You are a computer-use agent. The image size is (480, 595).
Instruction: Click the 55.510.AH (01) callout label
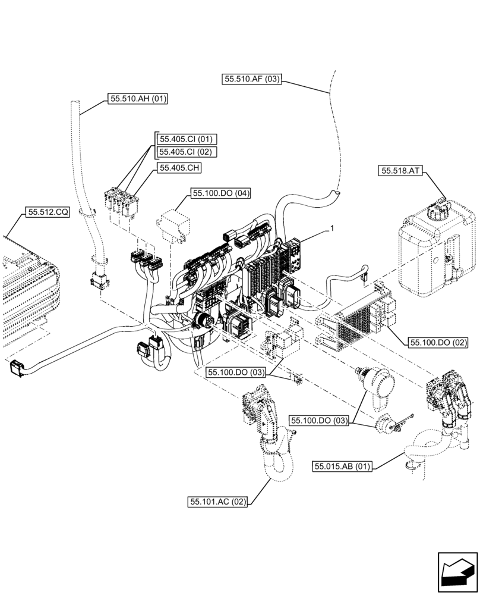point(138,99)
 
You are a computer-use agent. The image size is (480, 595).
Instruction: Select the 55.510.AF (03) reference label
point(252,79)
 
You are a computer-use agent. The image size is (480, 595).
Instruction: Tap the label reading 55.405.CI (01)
point(185,139)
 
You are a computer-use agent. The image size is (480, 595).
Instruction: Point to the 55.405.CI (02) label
point(185,152)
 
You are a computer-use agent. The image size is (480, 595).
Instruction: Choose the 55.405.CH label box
point(179,168)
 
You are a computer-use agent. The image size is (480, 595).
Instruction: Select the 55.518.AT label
point(399,171)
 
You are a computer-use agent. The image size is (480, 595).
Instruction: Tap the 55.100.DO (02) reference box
point(438,343)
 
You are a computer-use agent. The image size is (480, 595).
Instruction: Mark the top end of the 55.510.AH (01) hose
point(75,105)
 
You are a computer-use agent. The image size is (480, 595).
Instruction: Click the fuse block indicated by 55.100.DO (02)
point(356,318)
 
